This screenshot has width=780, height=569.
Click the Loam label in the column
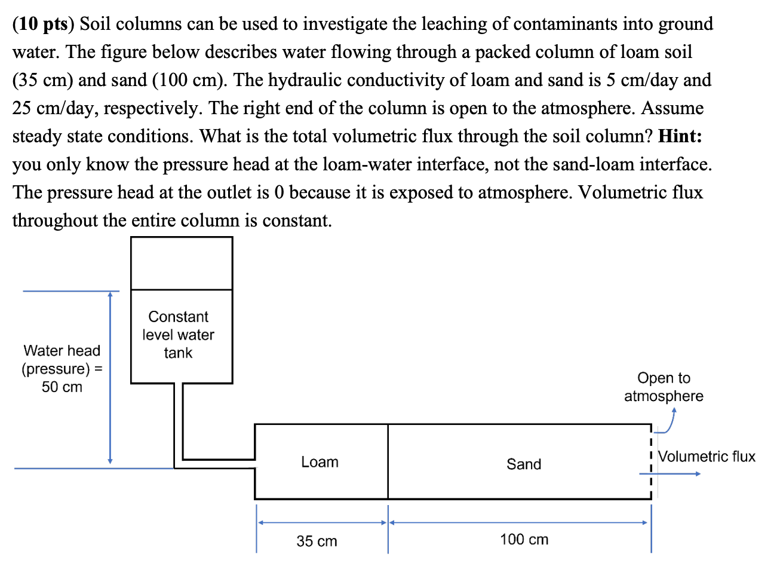[x=320, y=462]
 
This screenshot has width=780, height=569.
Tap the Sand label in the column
[x=524, y=464]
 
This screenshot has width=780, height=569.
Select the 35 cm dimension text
[x=317, y=541]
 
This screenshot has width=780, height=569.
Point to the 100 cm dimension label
[x=524, y=539]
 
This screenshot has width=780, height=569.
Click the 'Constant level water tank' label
[x=178, y=335]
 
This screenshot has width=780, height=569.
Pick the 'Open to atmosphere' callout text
[x=664, y=387]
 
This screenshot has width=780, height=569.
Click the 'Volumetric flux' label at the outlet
[x=707, y=457]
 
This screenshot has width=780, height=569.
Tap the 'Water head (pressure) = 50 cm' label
[x=62, y=368]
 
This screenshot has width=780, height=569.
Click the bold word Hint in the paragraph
[x=680, y=136]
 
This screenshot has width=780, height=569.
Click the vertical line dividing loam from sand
[x=388, y=461]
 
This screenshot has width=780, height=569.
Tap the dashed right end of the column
[x=650, y=461]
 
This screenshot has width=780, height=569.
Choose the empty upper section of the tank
[x=182, y=263]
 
